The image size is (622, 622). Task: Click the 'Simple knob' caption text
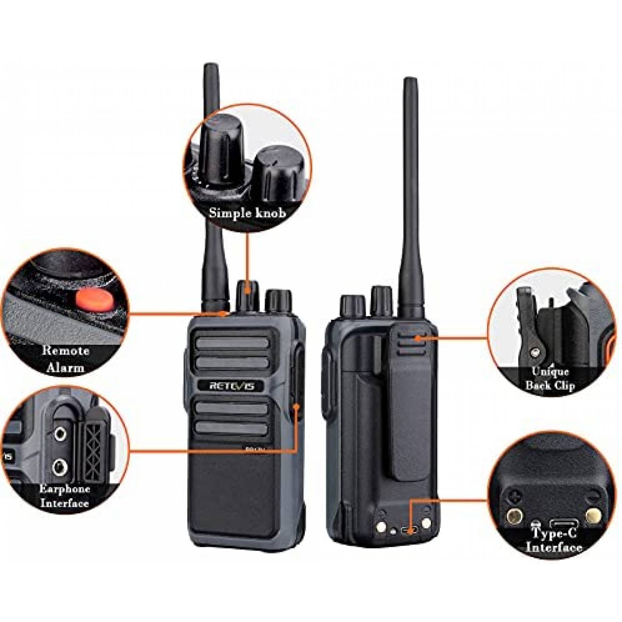click(248, 213)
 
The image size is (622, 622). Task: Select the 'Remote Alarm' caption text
click(66, 359)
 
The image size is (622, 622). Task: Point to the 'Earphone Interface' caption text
click(65, 496)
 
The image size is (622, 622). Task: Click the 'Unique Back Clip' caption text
click(550, 378)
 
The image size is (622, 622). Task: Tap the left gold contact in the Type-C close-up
click(514, 516)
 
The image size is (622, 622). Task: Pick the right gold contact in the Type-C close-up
click(593, 516)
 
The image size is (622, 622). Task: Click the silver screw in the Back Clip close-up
click(536, 352)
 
